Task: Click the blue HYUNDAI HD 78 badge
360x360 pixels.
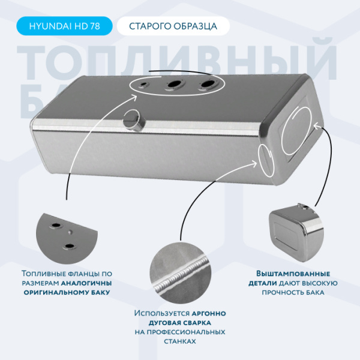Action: coord(64,26)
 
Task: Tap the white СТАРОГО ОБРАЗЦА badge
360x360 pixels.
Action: coord(173,26)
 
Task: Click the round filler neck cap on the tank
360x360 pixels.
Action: coord(134,121)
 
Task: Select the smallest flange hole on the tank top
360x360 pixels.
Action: coord(144,85)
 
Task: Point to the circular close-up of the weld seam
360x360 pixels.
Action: coord(181,273)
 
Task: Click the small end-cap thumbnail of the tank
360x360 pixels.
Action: coord(296,232)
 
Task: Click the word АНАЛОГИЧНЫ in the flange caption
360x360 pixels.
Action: coord(86,283)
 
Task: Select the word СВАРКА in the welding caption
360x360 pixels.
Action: coord(197,323)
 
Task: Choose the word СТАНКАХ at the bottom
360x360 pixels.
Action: coord(180,341)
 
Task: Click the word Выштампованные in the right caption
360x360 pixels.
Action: coord(293,274)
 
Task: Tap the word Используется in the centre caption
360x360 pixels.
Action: coord(162,313)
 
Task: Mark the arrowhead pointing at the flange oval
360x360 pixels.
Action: coord(134,98)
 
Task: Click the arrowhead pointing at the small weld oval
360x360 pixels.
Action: coord(254,163)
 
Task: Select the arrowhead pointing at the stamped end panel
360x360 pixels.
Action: coord(316,126)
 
